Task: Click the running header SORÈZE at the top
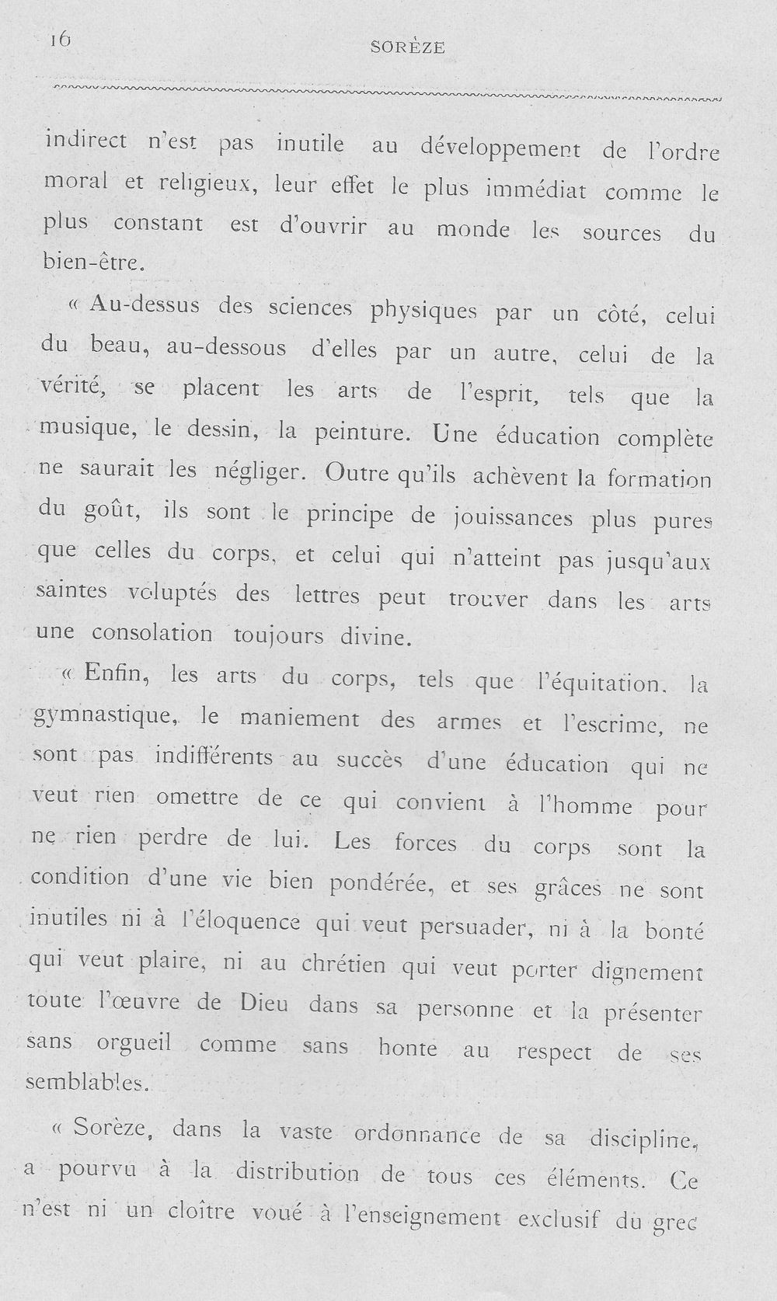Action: [408, 47]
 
